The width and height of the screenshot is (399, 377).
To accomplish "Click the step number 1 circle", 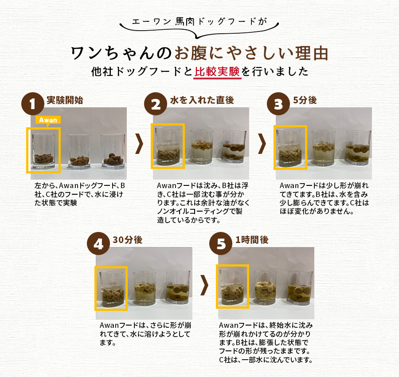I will tap(33, 105).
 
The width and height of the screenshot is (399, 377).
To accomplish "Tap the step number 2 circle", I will tap(156, 105).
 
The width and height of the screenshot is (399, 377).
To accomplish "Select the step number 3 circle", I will tap(278, 105).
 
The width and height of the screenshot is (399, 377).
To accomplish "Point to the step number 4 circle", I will tap(98, 244).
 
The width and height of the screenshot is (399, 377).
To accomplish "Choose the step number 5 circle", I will tap(220, 244).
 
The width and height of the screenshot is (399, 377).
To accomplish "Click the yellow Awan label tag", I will tap(48, 120).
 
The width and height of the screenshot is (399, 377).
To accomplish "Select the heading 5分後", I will tap(305, 100).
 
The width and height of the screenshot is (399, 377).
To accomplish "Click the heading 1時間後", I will tap(252, 240).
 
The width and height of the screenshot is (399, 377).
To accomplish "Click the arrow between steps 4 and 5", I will tap(204, 284).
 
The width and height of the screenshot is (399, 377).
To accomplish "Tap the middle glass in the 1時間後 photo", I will tap(266, 289).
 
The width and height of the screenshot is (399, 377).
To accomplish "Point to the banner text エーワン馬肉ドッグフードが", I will tap(200, 21).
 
